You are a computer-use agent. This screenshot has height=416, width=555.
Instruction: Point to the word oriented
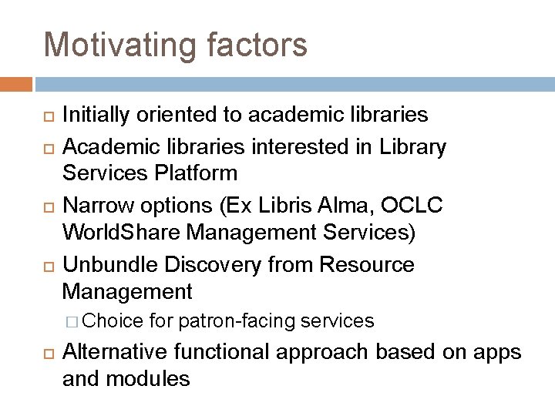(x=178, y=116)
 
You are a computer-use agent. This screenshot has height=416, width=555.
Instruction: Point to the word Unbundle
(x=109, y=264)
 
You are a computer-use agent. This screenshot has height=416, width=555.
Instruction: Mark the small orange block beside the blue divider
(x=16, y=84)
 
